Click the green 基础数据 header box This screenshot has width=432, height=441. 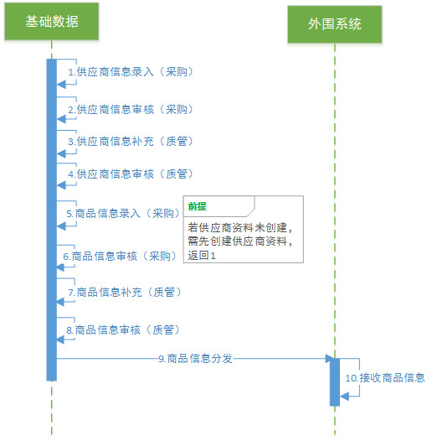coord(52,21)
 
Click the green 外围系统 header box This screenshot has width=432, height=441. coord(335,24)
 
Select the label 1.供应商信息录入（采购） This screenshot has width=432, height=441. coord(131,72)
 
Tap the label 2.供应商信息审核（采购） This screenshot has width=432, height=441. coord(131,109)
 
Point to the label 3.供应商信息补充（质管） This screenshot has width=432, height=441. coord(131,141)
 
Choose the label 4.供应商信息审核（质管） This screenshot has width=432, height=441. coord(131,174)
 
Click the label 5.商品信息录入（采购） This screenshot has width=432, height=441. coord(124,214)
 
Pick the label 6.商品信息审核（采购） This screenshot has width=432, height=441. coord(121,257)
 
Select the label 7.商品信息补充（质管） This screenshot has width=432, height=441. coord(125,293)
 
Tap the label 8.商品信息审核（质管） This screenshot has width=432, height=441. coord(124,329)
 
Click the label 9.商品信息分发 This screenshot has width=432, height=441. coord(196,359)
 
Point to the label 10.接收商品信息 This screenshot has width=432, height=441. coord(385,378)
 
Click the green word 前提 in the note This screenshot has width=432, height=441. coord(198,206)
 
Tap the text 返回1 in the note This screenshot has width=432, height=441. coord(202,256)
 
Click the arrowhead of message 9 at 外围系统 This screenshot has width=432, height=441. coord(330,359)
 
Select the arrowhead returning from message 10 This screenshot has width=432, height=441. coord(344,397)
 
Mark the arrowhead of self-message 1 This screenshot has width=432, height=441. coord(61,84)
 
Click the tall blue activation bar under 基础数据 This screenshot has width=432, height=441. coord(52,220)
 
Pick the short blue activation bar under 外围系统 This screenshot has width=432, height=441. coord(335,382)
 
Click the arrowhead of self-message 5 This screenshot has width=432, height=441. coord(61,226)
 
